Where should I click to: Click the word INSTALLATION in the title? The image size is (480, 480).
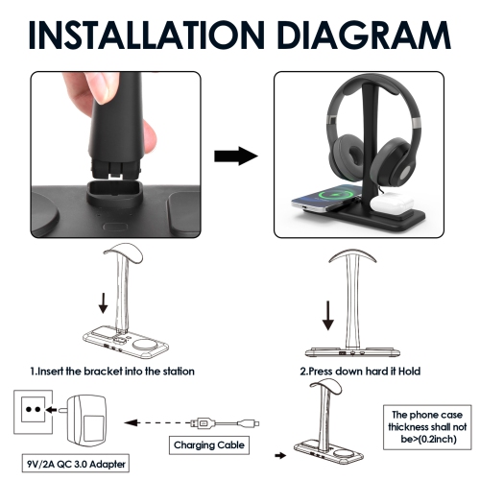(x=147, y=35)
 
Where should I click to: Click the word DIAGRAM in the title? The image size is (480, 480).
(x=365, y=35)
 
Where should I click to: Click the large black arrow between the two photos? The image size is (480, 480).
(x=236, y=156)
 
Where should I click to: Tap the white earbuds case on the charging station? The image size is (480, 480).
(x=392, y=203)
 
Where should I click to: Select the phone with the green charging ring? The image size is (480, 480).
(x=326, y=199)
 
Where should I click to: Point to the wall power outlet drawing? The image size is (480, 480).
(x=33, y=412)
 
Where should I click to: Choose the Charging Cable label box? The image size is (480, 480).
(x=209, y=445)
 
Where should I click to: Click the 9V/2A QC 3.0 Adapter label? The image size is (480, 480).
(x=76, y=464)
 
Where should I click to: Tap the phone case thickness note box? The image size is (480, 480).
(x=427, y=427)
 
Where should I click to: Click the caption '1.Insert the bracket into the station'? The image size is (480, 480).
(x=112, y=372)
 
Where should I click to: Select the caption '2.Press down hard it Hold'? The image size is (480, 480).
(x=360, y=372)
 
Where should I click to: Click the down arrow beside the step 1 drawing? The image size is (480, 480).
(x=103, y=303)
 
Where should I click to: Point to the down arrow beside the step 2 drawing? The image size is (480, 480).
(x=328, y=316)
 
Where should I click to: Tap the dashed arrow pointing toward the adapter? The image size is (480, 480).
(x=157, y=423)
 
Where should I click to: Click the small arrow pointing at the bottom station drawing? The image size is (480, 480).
(x=280, y=455)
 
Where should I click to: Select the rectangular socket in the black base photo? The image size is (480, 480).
(x=114, y=193)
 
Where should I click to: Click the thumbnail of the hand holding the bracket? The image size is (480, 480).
(x=115, y=155)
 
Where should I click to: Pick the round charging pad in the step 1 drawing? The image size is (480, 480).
(x=143, y=346)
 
